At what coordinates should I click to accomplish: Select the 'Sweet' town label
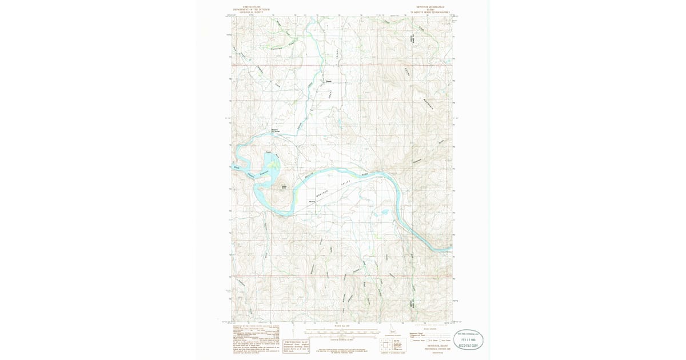click(329, 80)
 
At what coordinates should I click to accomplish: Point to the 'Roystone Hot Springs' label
click(274, 130)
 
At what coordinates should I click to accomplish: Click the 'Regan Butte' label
click(283, 186)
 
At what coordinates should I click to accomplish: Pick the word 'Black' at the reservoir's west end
click(237, 167)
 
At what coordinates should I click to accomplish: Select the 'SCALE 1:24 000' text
click(341, 327)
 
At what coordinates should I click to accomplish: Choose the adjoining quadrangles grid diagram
click(384, 344)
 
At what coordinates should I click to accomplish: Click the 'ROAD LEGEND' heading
click(429, 329)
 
